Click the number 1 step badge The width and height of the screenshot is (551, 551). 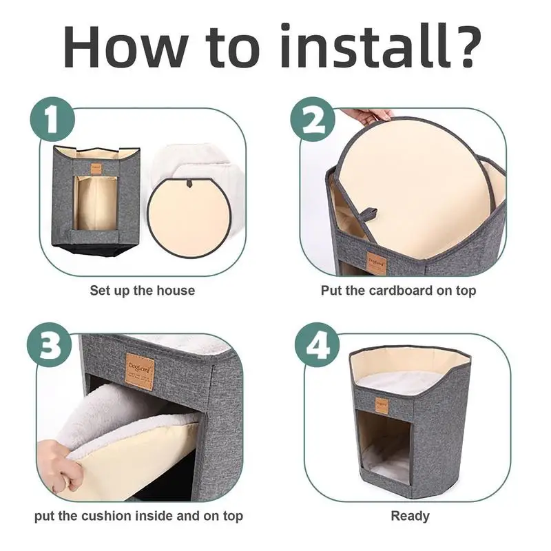point(53,119)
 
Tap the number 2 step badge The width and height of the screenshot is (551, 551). point(313,119)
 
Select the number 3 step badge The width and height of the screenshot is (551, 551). point(50,345)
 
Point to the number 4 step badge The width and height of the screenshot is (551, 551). point(318,345)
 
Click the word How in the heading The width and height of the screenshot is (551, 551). point(125,46)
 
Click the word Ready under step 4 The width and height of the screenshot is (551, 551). point(410,516)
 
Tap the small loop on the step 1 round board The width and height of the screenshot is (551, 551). point(190,183)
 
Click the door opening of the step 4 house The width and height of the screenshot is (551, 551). point(384,446)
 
